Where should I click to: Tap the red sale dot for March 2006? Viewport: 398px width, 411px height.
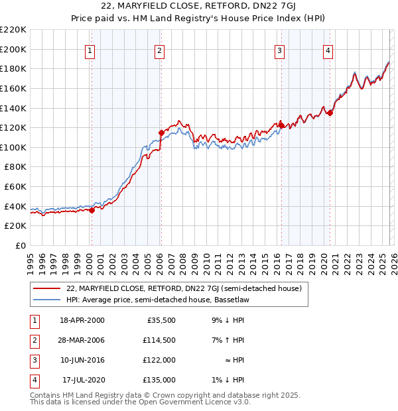pos(161,133)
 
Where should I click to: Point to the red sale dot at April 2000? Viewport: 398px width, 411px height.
pos(92,211)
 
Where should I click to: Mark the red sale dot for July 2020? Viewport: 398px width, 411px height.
pos(330,113)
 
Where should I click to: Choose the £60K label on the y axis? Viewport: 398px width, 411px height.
pos(15,187)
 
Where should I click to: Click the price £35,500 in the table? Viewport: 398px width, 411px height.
pos(159,320)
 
